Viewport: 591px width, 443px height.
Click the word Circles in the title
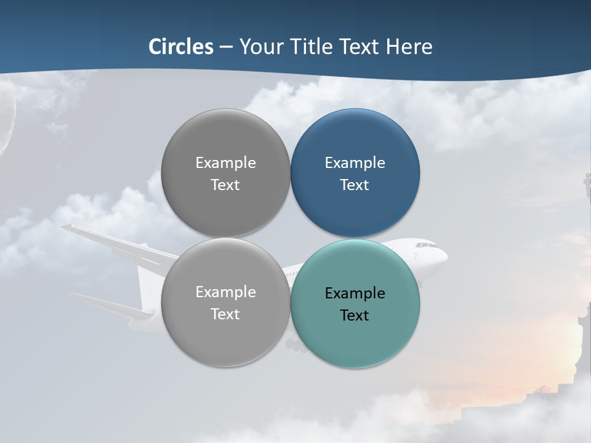[181, 47]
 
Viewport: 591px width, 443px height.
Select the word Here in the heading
[409, 47]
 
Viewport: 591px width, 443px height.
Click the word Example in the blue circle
[355, 163]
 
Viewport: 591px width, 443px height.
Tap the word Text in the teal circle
[355, 316]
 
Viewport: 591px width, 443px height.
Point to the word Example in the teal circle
[355, 293]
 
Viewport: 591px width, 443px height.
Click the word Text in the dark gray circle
[225, 185]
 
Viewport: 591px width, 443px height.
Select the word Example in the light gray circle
[225, 292]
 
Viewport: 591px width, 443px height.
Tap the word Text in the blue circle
[355, 185]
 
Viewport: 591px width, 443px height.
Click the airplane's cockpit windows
[423, 245]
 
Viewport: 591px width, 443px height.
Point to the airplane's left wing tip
[64, 228]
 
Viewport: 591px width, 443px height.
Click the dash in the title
[225, 47]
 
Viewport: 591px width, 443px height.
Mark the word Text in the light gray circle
[225, 314]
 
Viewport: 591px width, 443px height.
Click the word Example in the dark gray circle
[225, 163]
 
